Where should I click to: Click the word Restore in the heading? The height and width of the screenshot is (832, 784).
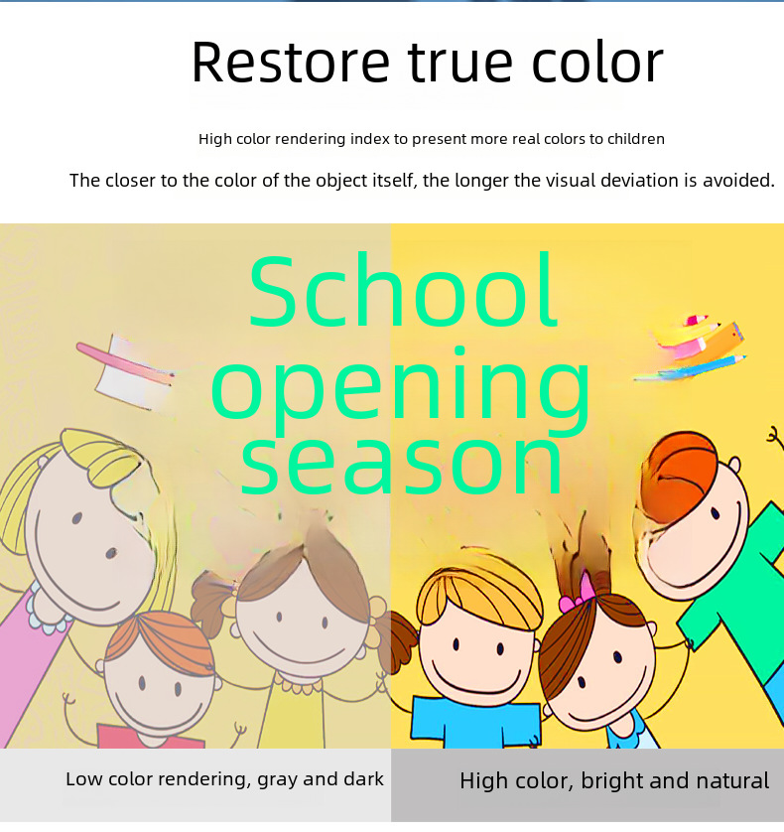coord(291,63)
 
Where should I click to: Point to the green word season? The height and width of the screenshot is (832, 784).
coord(402,465)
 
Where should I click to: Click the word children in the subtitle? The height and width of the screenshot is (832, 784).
coord(635,139)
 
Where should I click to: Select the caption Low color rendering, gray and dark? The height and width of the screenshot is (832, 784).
coord(224,779)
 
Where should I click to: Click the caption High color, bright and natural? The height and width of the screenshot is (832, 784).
coord(614,781)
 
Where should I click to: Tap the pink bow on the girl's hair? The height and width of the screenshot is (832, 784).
coord(579,594)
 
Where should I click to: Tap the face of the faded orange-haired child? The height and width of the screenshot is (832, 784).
coord(159,690)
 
